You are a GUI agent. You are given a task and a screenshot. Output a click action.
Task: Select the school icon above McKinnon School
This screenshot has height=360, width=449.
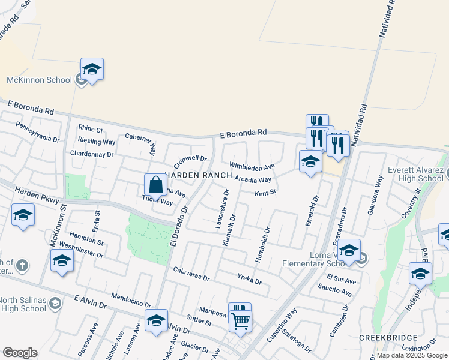point(92,70)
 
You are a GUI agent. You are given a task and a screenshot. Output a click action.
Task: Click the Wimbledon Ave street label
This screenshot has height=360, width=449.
point(252,166)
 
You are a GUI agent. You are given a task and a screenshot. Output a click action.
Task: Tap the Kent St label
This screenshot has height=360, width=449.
point(264,193)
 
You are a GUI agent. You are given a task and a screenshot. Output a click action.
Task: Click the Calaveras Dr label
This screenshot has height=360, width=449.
point(191,274)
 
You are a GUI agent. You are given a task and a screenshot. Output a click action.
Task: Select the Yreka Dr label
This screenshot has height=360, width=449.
point(249,280)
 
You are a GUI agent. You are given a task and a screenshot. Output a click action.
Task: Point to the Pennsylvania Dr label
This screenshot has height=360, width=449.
point(37,131)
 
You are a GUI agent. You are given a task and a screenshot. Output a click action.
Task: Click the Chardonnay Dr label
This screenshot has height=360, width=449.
point(92,154)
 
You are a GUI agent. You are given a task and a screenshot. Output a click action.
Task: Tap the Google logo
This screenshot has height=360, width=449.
point(20,353)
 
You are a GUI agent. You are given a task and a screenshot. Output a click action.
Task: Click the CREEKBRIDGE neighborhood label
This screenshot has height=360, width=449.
point(384,338)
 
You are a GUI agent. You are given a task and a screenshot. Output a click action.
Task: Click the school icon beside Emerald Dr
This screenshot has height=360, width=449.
point(310,161)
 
